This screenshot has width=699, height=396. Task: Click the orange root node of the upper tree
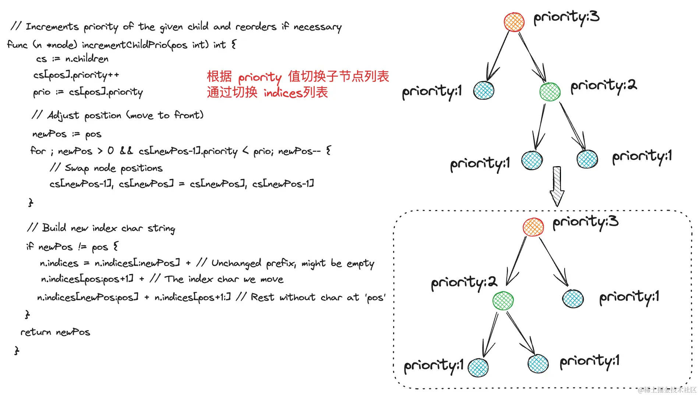click(x=514, y=22)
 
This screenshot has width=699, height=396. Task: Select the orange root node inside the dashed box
click(x=533, y=227)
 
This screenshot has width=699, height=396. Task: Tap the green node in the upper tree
click(x=550, y=92)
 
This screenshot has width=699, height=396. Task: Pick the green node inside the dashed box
click(x=503, y=301)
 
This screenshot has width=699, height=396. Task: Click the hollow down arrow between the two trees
click(x=557, y=186)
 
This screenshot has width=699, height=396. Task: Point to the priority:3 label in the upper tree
click(x=566, y=17)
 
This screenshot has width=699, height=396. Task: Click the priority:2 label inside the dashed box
click(x=464, y=283)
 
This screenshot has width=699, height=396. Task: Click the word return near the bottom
click(x=36, y=332)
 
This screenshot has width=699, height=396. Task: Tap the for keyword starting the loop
click(x=38, y=151)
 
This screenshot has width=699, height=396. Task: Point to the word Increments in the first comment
click(x=52, y=27)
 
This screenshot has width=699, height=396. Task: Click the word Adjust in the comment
click(x=63, y=116)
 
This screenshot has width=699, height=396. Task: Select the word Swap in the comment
click(x=77, y=168)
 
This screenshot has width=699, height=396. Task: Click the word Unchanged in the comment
click(x=236, y=263)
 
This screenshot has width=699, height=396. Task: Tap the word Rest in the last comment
click(x=262, y=297)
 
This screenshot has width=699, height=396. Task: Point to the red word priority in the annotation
click(x=260, y=77)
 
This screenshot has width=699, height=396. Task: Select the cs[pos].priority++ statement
click(x=76, y=76)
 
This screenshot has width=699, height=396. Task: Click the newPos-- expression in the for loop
click(x=299, y=151)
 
